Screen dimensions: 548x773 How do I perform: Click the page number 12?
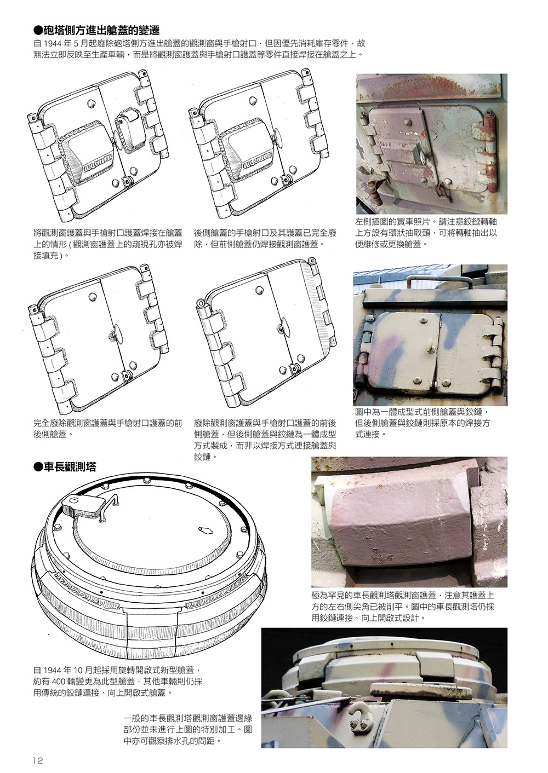(x=37, y=760)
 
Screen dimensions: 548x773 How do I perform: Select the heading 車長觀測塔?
(x=69, y=467)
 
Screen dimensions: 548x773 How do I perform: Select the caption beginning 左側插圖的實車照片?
(x=426, y=233)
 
